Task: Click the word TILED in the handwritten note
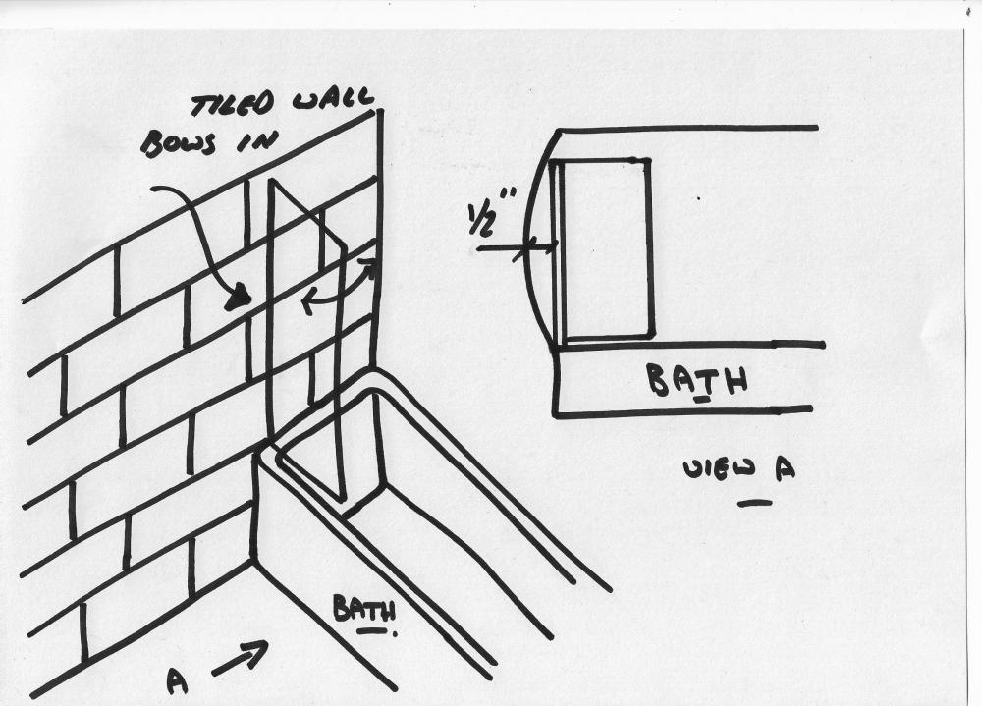click(232, 105)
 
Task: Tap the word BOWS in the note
click(179, 143)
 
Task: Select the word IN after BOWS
click(255, 141)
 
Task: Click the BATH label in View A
click(696, 380)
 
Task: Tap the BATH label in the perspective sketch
click(364, 608)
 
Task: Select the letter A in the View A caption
click(786, 468)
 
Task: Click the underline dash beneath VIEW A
click(754, 502)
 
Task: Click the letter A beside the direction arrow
click(177, 681)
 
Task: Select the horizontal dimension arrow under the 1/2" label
click(517, 248)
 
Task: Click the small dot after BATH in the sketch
click(395, 634)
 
